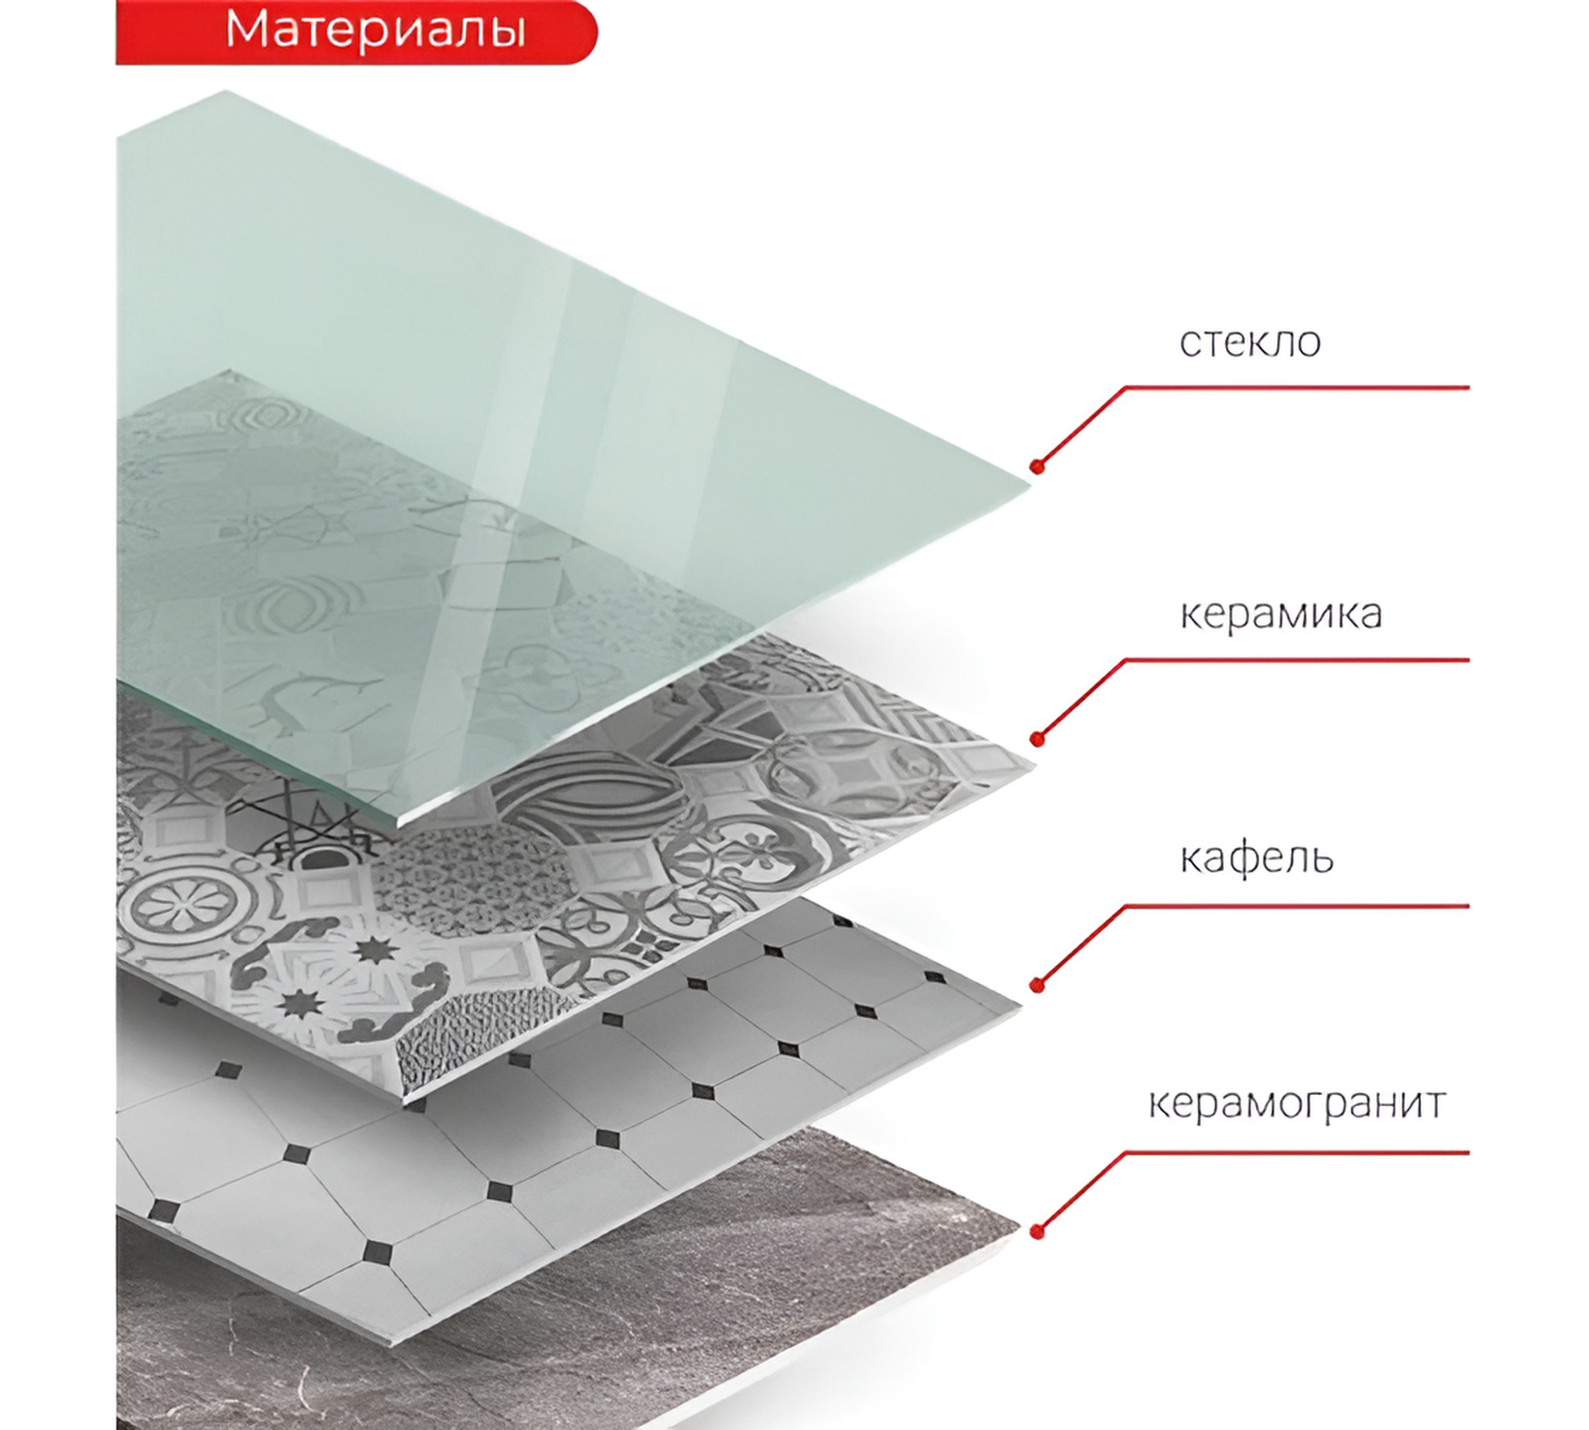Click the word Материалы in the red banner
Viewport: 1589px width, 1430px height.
375,30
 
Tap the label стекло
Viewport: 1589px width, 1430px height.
1250,342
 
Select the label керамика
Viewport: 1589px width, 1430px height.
1281,614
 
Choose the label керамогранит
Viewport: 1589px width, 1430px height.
1297,1104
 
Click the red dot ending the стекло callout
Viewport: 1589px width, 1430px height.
1037,467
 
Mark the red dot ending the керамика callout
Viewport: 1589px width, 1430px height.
1037,738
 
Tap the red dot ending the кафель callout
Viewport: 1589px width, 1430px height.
1037,985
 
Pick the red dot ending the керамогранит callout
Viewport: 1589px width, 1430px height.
1037,1231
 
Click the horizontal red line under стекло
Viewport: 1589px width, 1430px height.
1297,387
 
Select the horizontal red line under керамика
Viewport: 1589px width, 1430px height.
1297,660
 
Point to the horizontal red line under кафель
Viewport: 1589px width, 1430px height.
1297,906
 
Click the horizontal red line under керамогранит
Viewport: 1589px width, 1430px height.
1297,1152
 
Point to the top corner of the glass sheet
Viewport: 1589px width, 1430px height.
227,91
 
